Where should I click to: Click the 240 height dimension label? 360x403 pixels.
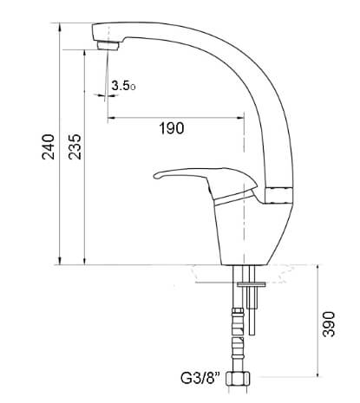click(x=49, y=146)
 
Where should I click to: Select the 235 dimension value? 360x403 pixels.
click(x=75, y=146)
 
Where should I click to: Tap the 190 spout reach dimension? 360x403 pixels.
click(x=172, y=128)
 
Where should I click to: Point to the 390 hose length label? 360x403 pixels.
click(x=329, y=324)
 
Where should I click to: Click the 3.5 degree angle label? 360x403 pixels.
click(x=123, y=86)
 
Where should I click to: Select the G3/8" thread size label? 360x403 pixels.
click(x=200, y=378)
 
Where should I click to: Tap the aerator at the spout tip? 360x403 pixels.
click(x=108, y=46)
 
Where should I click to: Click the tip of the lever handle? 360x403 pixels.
click(x=154, y=176)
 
